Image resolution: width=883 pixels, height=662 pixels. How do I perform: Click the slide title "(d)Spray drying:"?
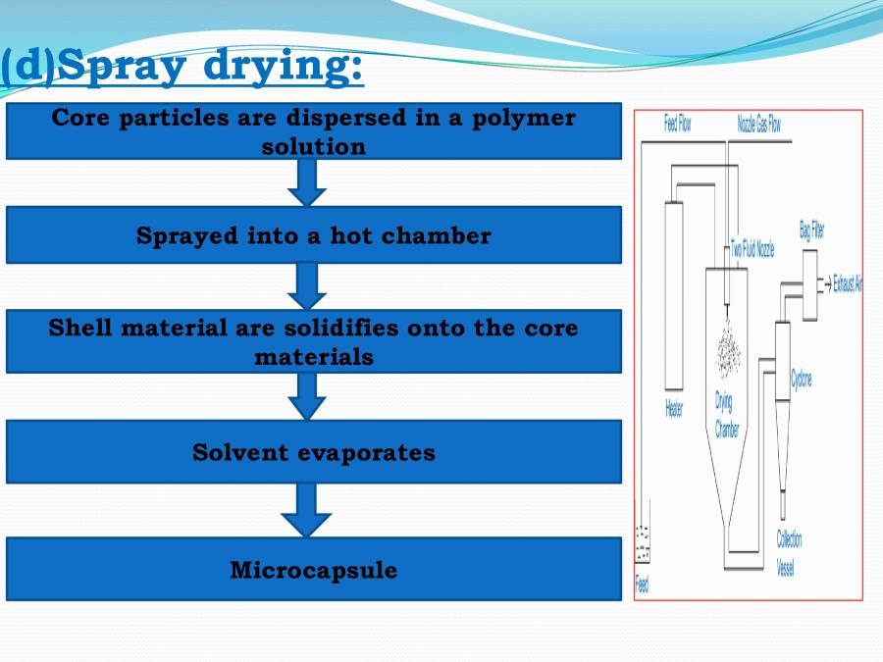(x=182, y=67)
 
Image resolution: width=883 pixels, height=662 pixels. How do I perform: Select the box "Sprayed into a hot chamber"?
(x=313, y=235)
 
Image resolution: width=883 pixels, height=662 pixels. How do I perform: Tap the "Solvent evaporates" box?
(x=313, y=452)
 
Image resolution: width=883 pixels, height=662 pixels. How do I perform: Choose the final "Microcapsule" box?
(x=313, y=570)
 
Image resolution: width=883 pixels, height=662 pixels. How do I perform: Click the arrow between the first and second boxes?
(x=307, y=181)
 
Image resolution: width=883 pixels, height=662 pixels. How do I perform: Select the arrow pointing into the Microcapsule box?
(x=307, y=509)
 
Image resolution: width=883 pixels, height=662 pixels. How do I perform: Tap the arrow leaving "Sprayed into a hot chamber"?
(x=307, y=285)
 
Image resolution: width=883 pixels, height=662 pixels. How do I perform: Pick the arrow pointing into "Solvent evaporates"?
(x=307, y=395)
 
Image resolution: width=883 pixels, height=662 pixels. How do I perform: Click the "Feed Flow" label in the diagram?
(x=678, y=125)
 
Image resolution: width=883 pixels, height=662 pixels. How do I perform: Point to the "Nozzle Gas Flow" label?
(x=758, y=125)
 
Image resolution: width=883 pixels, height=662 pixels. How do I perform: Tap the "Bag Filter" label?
(x=811, y=231)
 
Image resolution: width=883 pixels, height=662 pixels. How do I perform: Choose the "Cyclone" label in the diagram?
(x=802, y=379)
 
